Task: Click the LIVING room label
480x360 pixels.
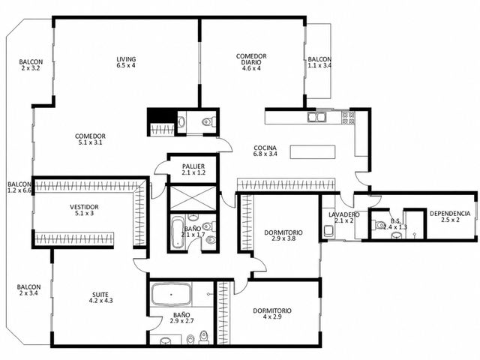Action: [x=126, y=59]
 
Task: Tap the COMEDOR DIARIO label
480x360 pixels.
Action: [x=251, y=59]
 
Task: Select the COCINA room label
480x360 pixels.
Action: [x=265, y=148]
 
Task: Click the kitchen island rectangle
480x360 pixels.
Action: [x=313, y=151]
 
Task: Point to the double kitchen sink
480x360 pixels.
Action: [x=316, y=117]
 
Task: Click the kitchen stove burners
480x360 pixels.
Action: [x=348, y=118]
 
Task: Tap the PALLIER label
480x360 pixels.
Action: [x=193, y=166]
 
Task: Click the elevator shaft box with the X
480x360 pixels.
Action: [x=193, y=198]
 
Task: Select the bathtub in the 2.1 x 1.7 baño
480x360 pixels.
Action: [x=177, y=232]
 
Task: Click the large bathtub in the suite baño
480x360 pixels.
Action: [x=171, y=294]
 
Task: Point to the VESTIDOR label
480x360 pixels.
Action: [x=84, y=207]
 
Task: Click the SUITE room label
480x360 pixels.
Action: [x=100, y=295]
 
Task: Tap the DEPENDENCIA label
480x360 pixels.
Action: [x=450, y=213]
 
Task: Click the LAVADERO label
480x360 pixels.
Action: [x=343, y=214]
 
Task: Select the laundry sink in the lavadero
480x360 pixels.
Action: [x=328, y=230]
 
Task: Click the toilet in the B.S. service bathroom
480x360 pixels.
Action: [x=378, y=225]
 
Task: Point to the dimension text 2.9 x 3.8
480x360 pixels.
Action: [x=283, y=238]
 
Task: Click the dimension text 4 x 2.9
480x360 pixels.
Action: [x=272, y=316]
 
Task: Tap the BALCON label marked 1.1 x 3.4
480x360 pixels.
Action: [x=319, y=59]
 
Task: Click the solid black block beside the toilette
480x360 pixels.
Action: [x=162, y=116]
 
